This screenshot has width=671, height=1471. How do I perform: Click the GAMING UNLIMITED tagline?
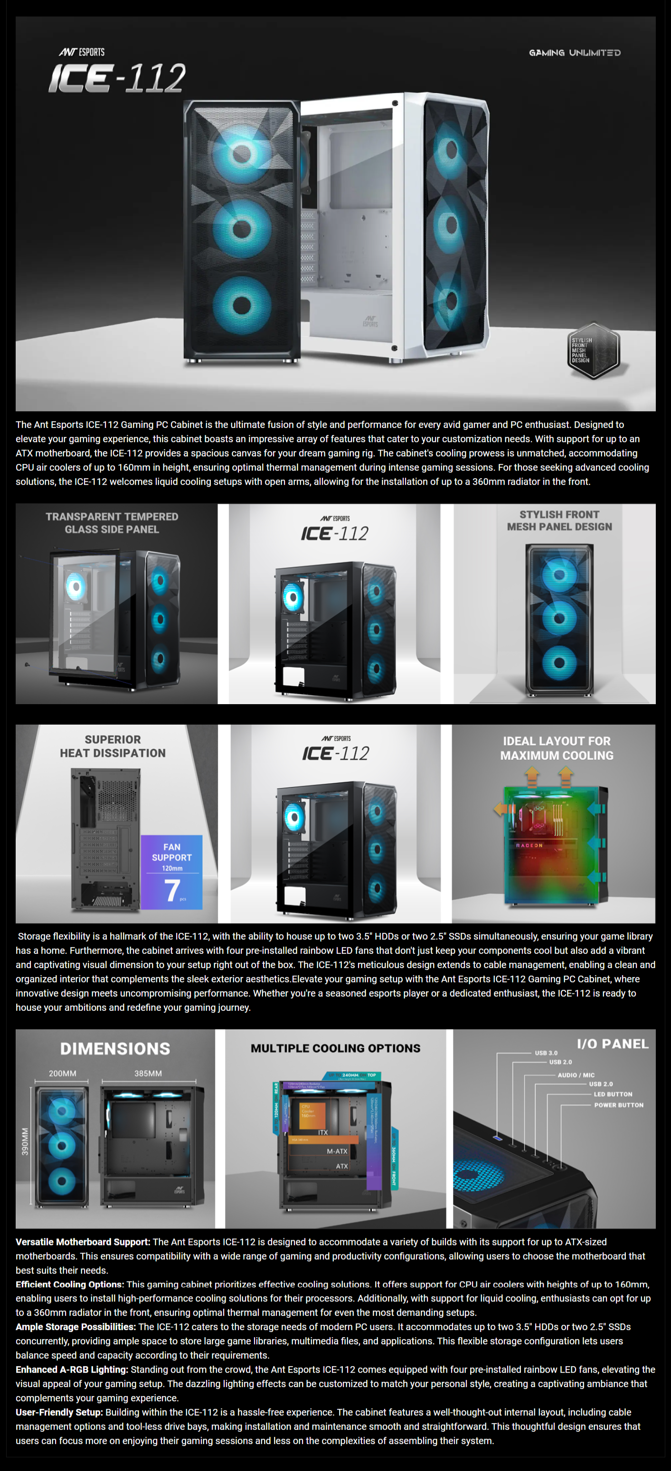point(575,53)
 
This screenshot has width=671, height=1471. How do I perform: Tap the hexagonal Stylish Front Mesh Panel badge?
point(593,350)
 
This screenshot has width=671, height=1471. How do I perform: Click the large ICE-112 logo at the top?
point(117,78)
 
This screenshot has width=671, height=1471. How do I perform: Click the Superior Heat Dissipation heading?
point(113,746)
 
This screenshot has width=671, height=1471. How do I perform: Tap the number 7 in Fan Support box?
point(172,890)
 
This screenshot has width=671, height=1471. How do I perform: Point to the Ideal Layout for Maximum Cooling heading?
point(557,748)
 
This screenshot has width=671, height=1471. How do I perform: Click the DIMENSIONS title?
point(115,1049)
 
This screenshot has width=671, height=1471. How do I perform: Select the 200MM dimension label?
point(63,1074)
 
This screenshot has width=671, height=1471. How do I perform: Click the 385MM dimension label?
point(148,1074)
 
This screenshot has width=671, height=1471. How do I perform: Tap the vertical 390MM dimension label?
point(25,1141)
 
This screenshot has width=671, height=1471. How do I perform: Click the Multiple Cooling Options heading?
point(335,1048)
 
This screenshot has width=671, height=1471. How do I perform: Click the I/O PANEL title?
point(613,1044)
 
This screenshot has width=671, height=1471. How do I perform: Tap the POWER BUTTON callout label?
point(618,1105)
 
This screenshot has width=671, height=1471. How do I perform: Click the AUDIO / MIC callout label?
point(576,1075)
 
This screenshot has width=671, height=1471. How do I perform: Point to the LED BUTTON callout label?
point(613,1094)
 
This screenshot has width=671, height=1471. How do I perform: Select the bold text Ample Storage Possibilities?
point(76,1327)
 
